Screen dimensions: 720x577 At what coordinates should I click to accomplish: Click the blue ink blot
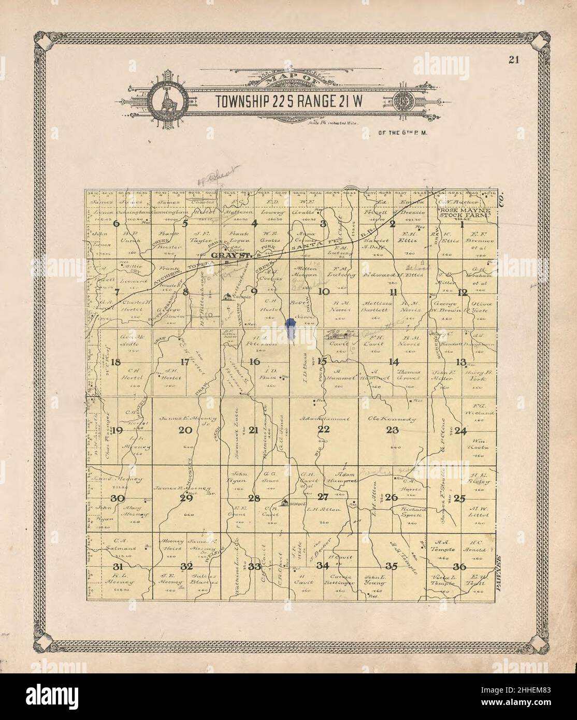click(291, 329)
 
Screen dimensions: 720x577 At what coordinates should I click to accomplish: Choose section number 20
click(185, 429)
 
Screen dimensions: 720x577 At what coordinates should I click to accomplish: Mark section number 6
click(116, 224)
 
